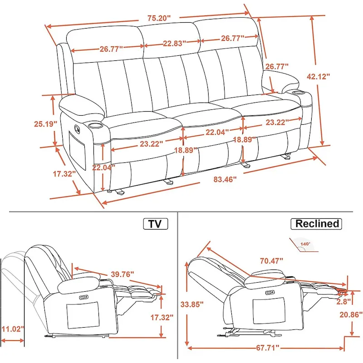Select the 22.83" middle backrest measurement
tap(172, 44)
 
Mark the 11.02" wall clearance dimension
tap(12, 329)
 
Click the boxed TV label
tap(155, 224)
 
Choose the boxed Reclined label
tap(317, 224)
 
